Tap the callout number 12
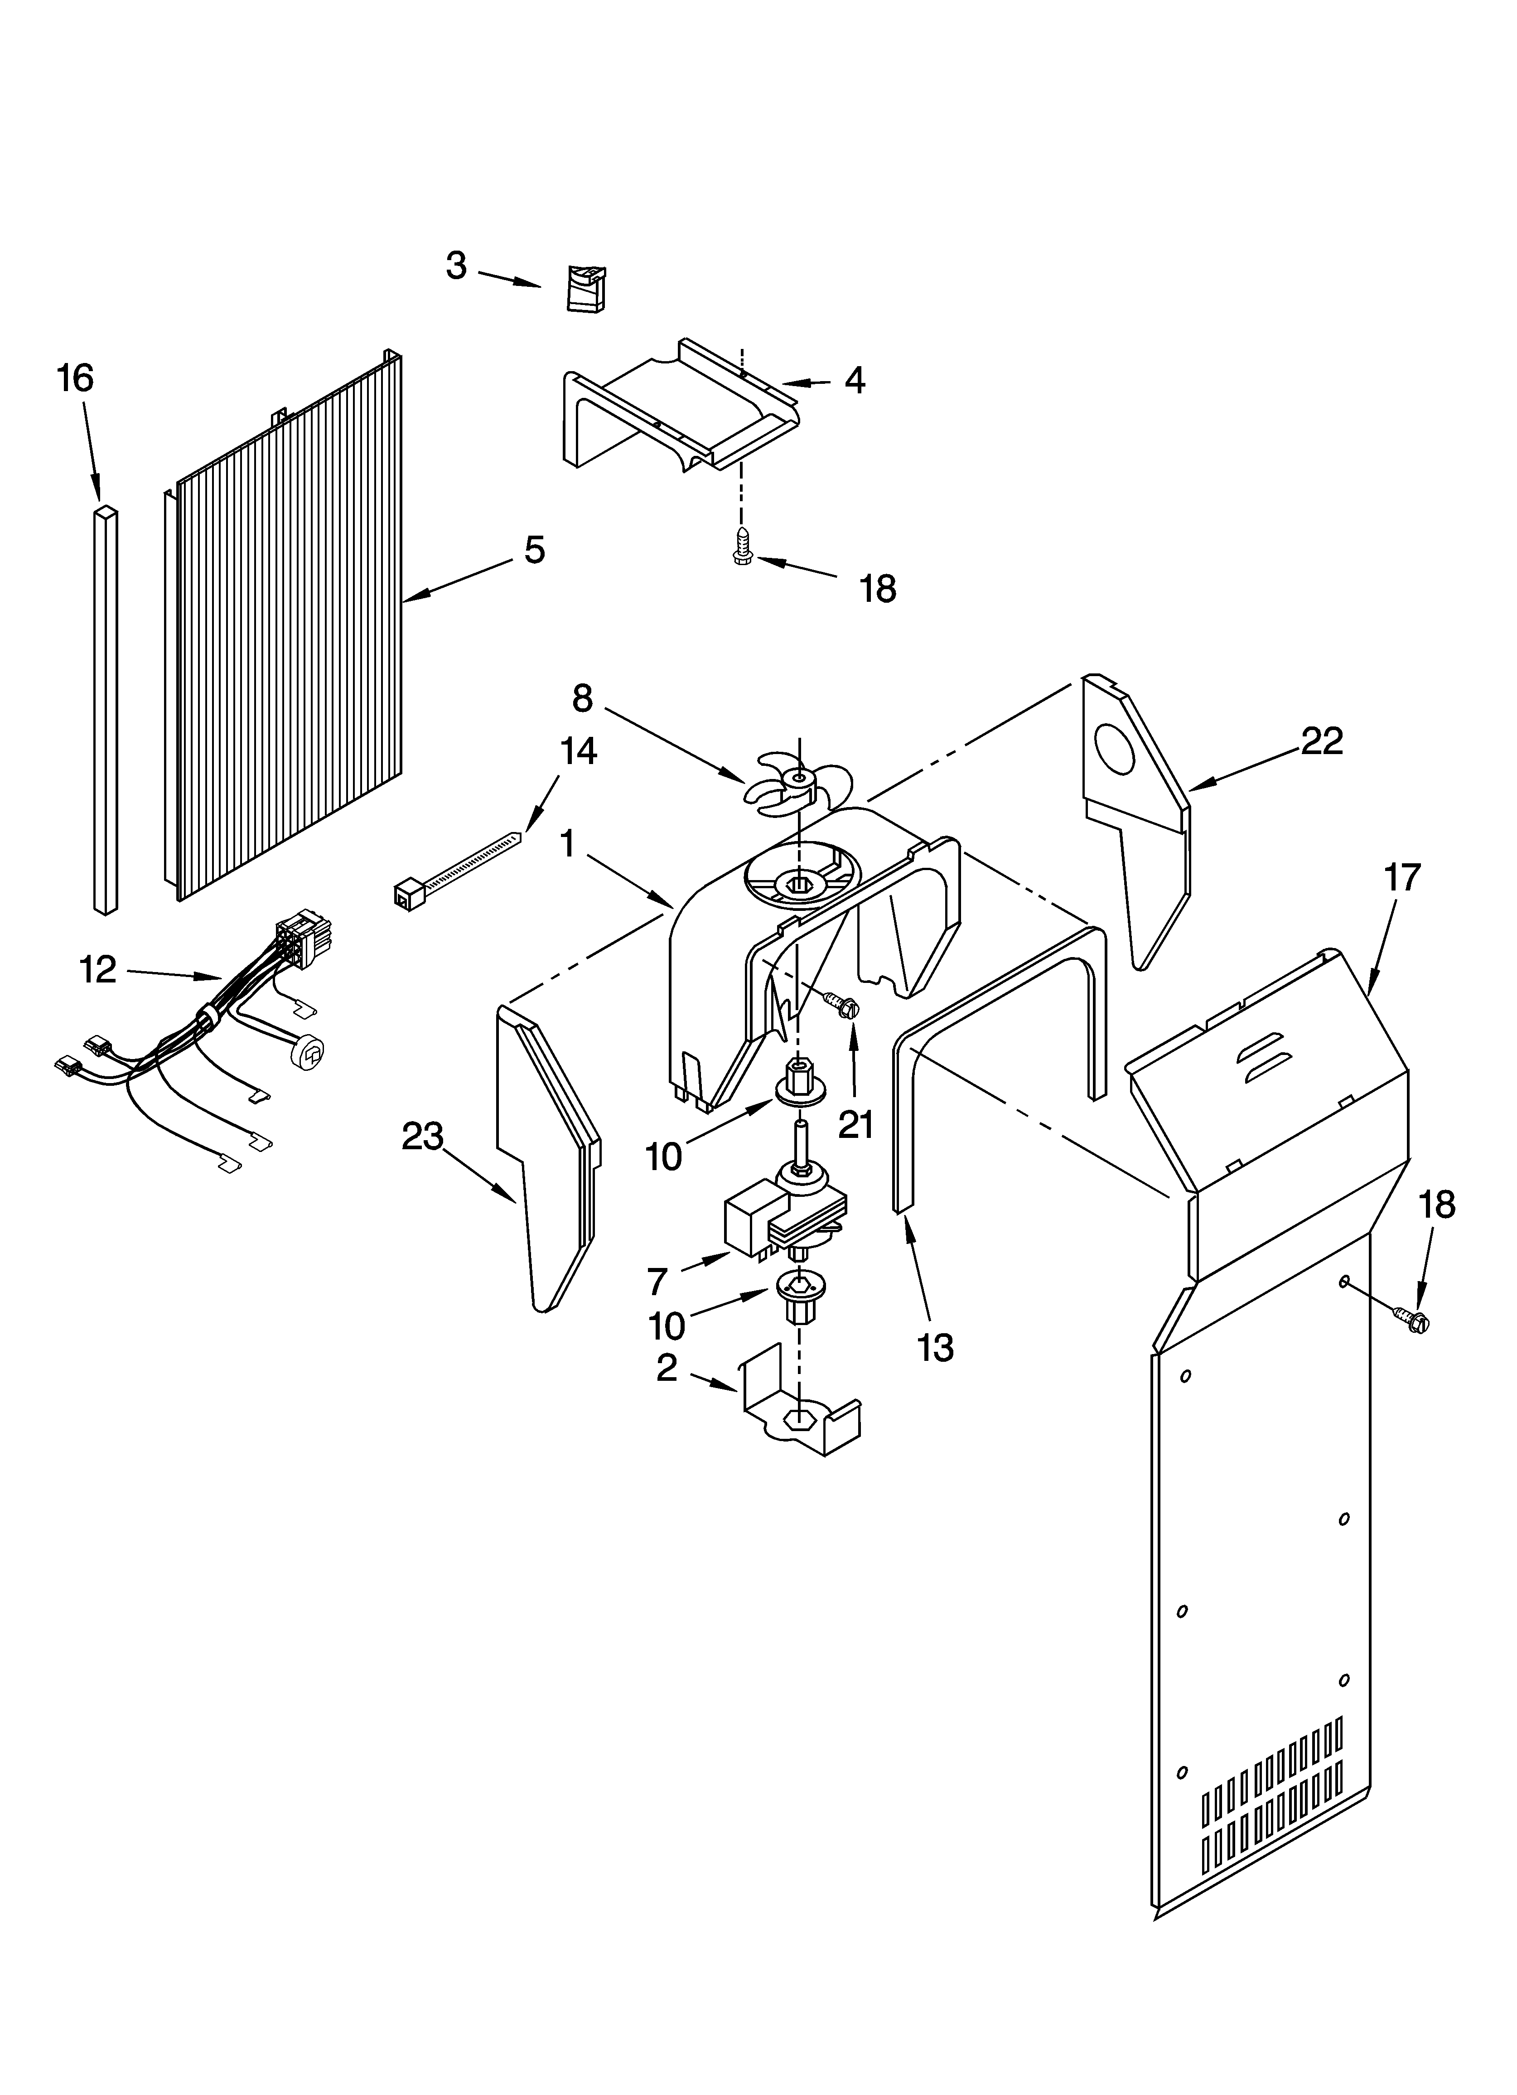[98, 970]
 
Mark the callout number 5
[534, 551]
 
